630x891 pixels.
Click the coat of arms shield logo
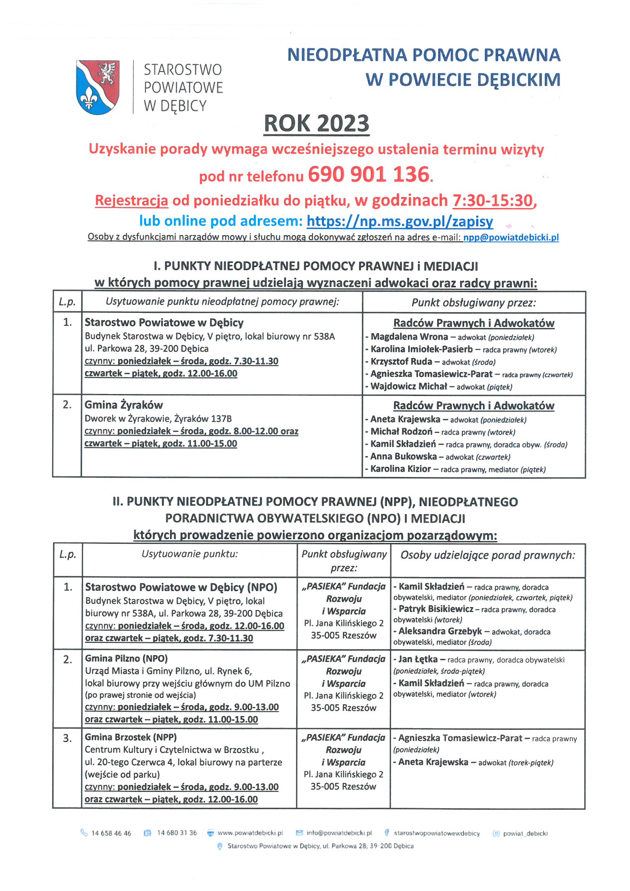click(x=98, y=87)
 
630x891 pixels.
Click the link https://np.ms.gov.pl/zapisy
click(x=399, y=221)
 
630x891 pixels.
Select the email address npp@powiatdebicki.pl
click(x=511, y=237)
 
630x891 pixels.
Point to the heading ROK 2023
click(x=316, y=123)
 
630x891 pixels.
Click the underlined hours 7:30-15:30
click(x=492, y=200)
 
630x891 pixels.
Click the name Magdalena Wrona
click(x=409, y=337)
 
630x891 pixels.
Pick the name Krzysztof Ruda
click(x=401, y=362)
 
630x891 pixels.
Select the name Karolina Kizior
click(x=400, y=469)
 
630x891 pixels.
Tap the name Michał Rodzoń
click(x=401, y=431)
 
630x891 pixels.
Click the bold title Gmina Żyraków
click(x=124, y=405)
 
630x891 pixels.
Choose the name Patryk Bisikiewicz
click(x=436, y=609)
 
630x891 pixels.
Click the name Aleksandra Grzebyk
click(x=440, y=631)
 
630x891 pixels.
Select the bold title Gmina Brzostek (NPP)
click(x=131, y=737)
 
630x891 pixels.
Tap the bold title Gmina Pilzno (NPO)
click(x=127, y=659)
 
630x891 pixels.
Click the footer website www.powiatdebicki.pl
click(x=250, y=833)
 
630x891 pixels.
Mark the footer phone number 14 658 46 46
click(x=111, y=833)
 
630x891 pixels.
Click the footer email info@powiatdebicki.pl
click(x=339, y=833)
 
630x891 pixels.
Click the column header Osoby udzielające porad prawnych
click(x=487, y=555)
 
